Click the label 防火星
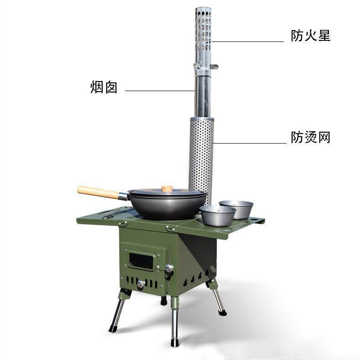[310, 36]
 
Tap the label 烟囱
[104, 87]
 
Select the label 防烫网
[310, 137]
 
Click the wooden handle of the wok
[98, 192]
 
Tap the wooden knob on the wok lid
[167, 189]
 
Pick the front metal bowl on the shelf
[218, 215]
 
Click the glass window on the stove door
[141, 261]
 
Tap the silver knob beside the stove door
[169, 268]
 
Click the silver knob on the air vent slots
[141, 284]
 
